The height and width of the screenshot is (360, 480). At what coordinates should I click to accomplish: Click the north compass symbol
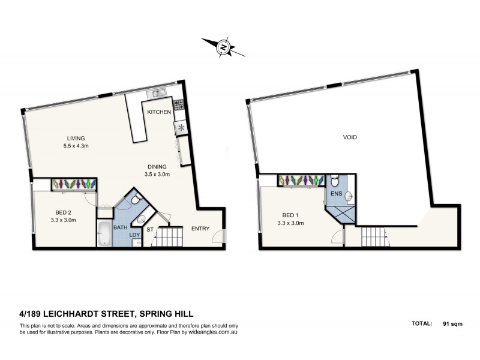[x=223, y=47]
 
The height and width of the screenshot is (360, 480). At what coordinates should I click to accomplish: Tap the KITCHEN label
[x=159, y=112]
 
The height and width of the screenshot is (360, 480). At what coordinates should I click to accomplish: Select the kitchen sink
[x=157, y=93]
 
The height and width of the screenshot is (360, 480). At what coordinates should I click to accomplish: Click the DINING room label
[x=159, y=167]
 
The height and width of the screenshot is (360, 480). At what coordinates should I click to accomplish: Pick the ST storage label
[x=150, y=229]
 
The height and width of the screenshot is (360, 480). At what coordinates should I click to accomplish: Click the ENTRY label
[x=201, y=229]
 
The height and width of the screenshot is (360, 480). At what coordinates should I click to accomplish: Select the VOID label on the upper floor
[x=350, y=137]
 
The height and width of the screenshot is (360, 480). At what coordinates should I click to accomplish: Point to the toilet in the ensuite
[x=335, y=179]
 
